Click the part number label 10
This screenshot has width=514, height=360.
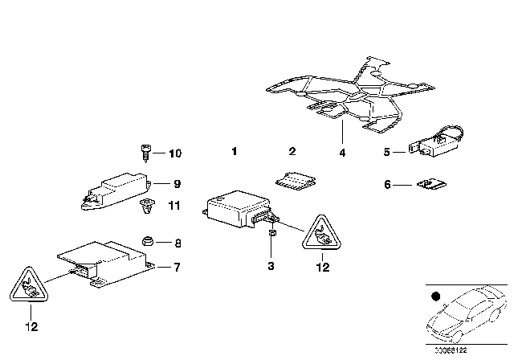(x=176, y=153)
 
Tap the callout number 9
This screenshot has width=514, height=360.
(x=177, y=183)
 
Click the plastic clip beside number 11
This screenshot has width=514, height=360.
(x=146, y=207)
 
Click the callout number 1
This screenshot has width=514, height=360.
(x=234, y=151)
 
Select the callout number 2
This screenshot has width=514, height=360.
(x=292, y=151)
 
